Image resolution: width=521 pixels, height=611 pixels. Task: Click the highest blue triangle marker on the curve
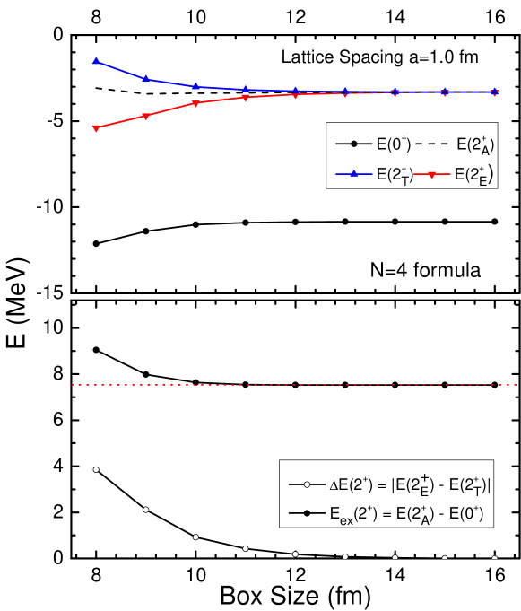click(x=96, y=61)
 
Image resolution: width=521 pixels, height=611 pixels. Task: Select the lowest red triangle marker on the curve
click(x=96, y=128)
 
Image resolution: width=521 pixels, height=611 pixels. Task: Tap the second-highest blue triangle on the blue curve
click(x=146, y=79)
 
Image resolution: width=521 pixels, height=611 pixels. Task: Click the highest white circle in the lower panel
click(x=96, y=469)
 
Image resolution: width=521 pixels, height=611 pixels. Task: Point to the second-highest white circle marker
click(x=146, y=510)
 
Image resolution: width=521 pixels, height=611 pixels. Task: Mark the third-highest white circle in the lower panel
click(x=195, y=537)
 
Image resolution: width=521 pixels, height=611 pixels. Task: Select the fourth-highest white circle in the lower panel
click(x=246, y=548)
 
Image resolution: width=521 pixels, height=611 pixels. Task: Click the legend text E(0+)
click(x=394, y=144)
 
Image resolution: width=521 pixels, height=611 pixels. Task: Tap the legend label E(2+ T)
click(x=395, y=174)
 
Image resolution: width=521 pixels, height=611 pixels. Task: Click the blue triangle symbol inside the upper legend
click(x=354, y=173)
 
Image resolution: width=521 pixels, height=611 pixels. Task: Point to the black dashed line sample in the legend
click(x=433, y=144)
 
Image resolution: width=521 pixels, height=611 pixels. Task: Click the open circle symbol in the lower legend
click(x=307, y=484)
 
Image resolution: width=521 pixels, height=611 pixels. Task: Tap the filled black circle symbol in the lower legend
click(x=307, y=514)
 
